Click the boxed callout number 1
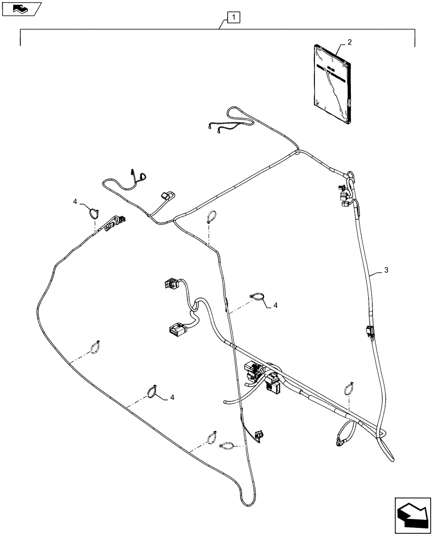click(233, 18)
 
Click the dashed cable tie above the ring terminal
click(348, 386)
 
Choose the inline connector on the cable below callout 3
click(368, 332)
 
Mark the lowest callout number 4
click(172, 397)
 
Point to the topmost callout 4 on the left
click(76, 201)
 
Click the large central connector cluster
click(262, 375)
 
